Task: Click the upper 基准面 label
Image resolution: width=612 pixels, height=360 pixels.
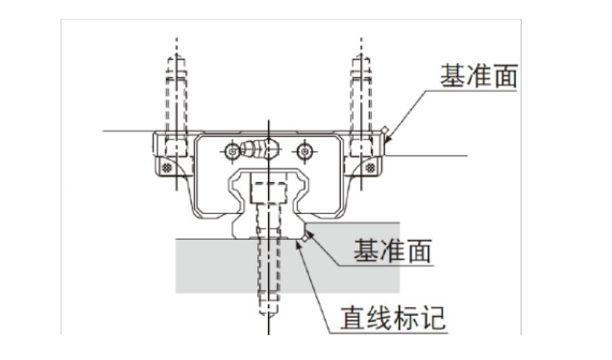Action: (x=478, y=75)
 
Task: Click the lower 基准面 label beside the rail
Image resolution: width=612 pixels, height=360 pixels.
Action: (x=392, y=251)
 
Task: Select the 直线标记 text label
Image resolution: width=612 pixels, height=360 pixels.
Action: (x=393, y=318)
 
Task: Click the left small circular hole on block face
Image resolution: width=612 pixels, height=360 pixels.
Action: (x=231, y=151)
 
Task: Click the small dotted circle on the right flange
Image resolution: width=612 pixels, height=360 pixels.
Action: (x=370, y=167)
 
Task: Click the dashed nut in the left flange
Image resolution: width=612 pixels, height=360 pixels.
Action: (x=173, y=145)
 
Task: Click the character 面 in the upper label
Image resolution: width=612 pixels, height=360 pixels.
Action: (x=504, y=75)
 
